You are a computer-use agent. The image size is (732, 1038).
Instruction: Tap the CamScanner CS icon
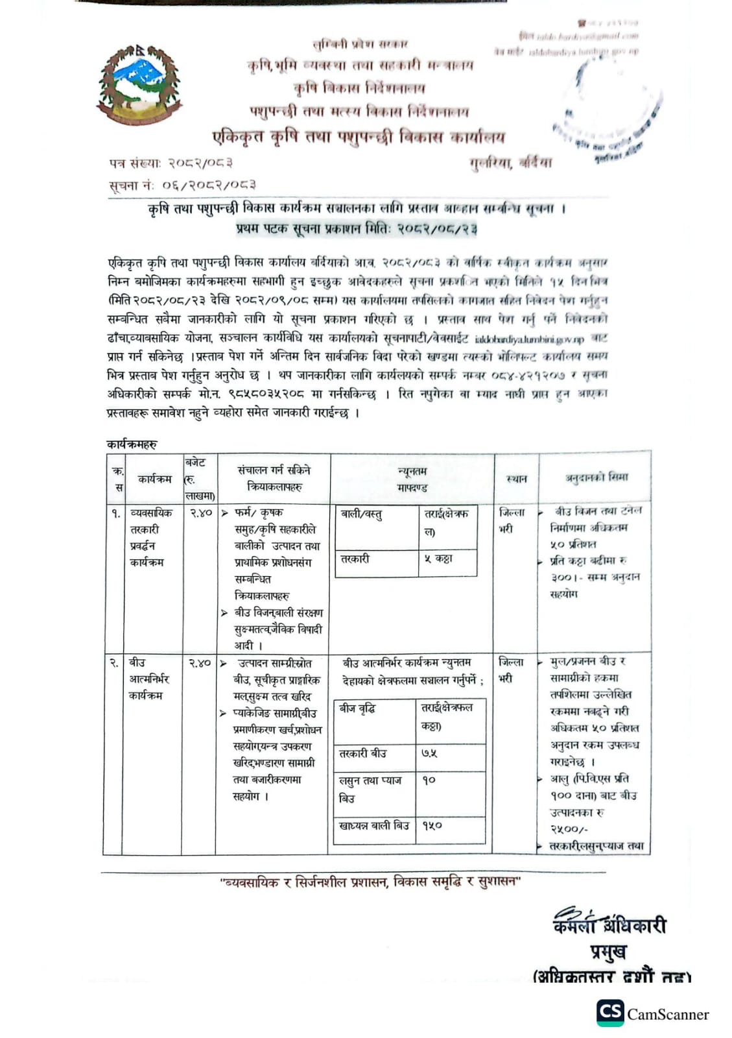(x=610, y=1013)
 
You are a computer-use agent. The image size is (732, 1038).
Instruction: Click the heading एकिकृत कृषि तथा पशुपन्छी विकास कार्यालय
(x=359, y=137)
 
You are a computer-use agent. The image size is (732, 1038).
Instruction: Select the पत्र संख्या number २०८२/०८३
(x=200, y=163)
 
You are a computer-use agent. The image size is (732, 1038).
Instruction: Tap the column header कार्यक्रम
(x=154, y=479)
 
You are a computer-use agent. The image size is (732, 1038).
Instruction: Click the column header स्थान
(x=516, y=479)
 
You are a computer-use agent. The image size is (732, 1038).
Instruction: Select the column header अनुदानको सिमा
(x=596, y=477)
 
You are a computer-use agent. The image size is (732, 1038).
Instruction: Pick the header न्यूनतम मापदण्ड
(x=412, y=479)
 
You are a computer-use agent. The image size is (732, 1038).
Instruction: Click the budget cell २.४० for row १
(x=201, y=513)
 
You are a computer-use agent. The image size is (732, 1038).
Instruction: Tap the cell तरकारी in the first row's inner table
(x=355, y=559)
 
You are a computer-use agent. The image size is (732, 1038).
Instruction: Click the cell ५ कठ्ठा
(x=438, y=559)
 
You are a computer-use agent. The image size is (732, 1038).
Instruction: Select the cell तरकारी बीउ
(x=363, y=753)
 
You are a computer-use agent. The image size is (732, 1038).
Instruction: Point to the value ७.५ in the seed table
(x=429, y=753)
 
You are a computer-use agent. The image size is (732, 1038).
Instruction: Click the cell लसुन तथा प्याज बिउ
(x=370, y=789)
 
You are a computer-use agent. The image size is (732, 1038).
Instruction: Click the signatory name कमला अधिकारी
(x=609, y=924)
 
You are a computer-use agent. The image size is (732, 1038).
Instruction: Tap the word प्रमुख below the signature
(x=608, y=952)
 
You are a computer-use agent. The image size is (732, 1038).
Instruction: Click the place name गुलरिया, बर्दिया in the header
(x=511, y=163)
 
